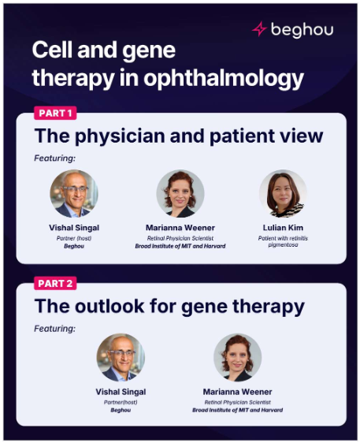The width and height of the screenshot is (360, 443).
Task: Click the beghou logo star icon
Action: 259,28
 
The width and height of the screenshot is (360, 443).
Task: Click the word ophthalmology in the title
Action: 224,78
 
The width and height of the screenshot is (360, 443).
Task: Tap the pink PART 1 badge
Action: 55,113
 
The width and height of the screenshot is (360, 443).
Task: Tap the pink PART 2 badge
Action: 55,283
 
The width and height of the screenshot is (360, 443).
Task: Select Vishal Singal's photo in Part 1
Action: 74,194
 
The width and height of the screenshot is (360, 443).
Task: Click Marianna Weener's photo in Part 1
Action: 180,194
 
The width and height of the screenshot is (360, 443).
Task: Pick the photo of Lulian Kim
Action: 283,194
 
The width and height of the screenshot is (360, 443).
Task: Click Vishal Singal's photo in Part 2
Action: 121,357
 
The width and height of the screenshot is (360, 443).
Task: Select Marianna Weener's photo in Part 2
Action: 237,357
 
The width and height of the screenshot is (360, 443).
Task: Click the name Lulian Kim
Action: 283,228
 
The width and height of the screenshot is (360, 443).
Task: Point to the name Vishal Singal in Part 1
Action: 74,228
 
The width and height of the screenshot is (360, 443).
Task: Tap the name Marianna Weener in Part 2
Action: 237,392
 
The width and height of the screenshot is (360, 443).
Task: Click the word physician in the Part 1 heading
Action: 120,136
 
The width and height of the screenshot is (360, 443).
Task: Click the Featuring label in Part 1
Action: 55,158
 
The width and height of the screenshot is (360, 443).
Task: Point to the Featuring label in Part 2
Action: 55,328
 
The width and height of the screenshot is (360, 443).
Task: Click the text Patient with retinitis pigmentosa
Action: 283,241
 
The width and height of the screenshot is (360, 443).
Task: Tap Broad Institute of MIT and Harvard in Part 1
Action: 180,246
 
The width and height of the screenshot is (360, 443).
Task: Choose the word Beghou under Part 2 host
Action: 121,410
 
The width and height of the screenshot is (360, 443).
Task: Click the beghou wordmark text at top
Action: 302,30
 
